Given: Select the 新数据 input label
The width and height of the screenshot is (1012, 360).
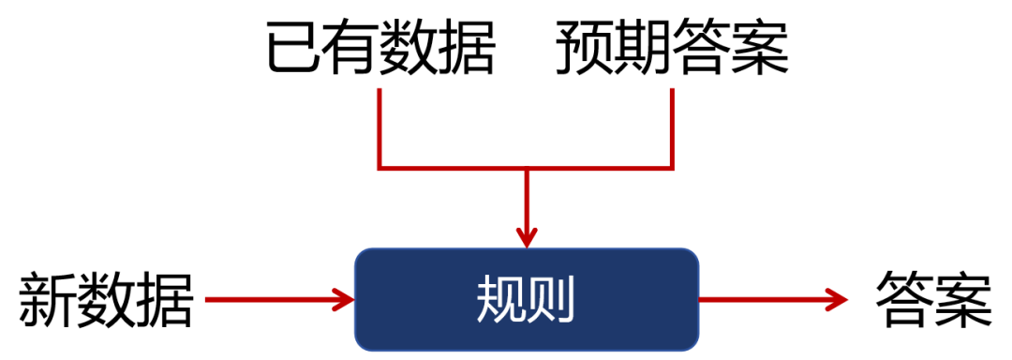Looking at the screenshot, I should (x=106, y=300).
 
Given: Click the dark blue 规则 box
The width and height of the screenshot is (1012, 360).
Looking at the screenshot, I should (x=526, y=299).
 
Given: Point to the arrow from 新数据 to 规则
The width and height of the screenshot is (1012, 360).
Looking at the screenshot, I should (x=278, y=300).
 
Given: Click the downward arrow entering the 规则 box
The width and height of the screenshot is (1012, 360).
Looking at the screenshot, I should (x=527, y=210).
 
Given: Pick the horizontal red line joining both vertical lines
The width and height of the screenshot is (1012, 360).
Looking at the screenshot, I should (x=526, y=169).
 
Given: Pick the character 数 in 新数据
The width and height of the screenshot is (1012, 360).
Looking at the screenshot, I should (x=106, y=300).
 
